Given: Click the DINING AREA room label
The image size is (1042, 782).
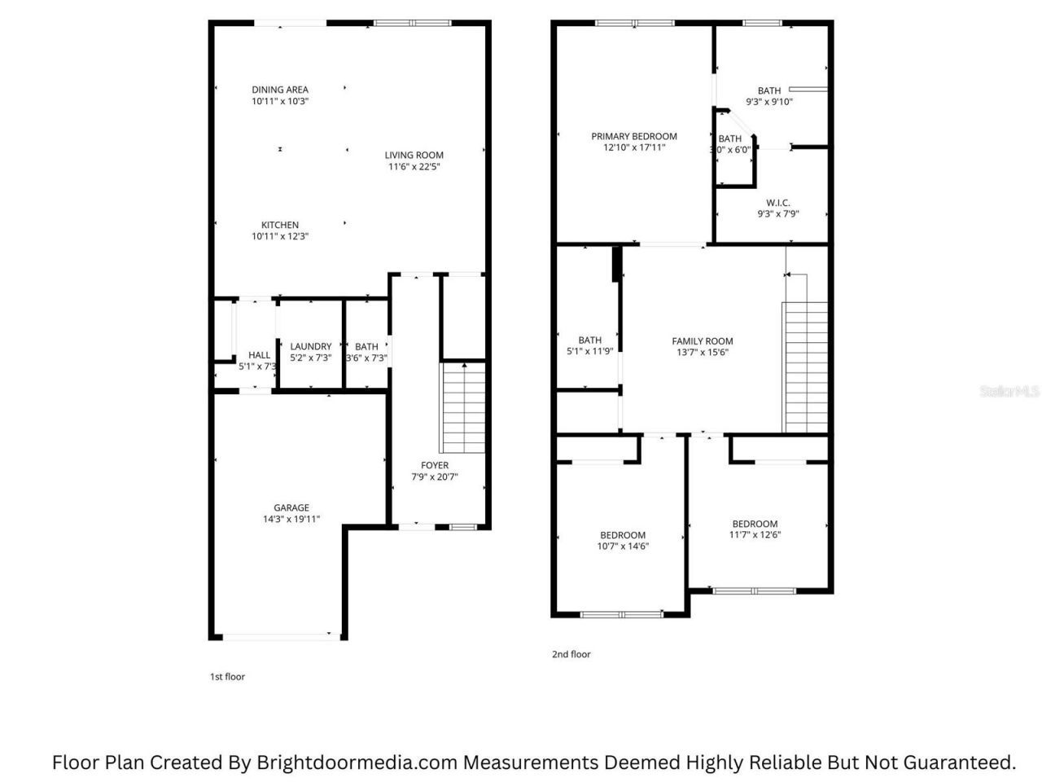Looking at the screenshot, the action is click(x=279, y=90).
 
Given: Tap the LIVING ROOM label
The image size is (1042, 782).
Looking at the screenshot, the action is click(x=414, y=155).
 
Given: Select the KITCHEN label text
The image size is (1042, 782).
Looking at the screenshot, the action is click(x=279, y=225).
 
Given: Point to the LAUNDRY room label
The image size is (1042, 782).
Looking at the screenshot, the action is click(x=310, y=346).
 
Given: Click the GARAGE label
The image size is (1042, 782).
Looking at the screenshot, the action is click(x=291, y=507).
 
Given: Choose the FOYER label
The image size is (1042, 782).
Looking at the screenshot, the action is click(x=435, y=465).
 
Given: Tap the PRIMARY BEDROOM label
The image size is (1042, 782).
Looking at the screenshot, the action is click(x=633, y=136).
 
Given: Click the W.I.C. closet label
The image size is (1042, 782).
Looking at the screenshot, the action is click(x=777, y=203).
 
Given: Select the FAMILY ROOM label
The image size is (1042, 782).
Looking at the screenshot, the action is click(x=702, y=341).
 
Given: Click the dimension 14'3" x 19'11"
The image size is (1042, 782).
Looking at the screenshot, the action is click(x=291, y=519).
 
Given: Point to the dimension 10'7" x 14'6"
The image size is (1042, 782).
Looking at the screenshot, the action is click(x=623, y=546).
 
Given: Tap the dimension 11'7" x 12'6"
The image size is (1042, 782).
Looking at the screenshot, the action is click(x=755, y=534).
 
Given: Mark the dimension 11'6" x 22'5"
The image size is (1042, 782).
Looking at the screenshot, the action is click(x=414, y=167).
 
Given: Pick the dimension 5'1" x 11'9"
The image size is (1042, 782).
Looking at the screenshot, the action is click(x=589, y=351).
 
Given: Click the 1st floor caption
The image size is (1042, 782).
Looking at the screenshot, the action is click(x=227, y=677).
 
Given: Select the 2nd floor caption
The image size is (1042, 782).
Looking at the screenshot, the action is click(x=571, y=654).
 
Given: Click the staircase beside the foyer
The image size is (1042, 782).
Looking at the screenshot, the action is click(x=463, y=408).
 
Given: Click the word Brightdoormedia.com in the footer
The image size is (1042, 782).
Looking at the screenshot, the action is click(x=357, y=762).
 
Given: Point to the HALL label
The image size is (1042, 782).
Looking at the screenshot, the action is click(x=259, y=354).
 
